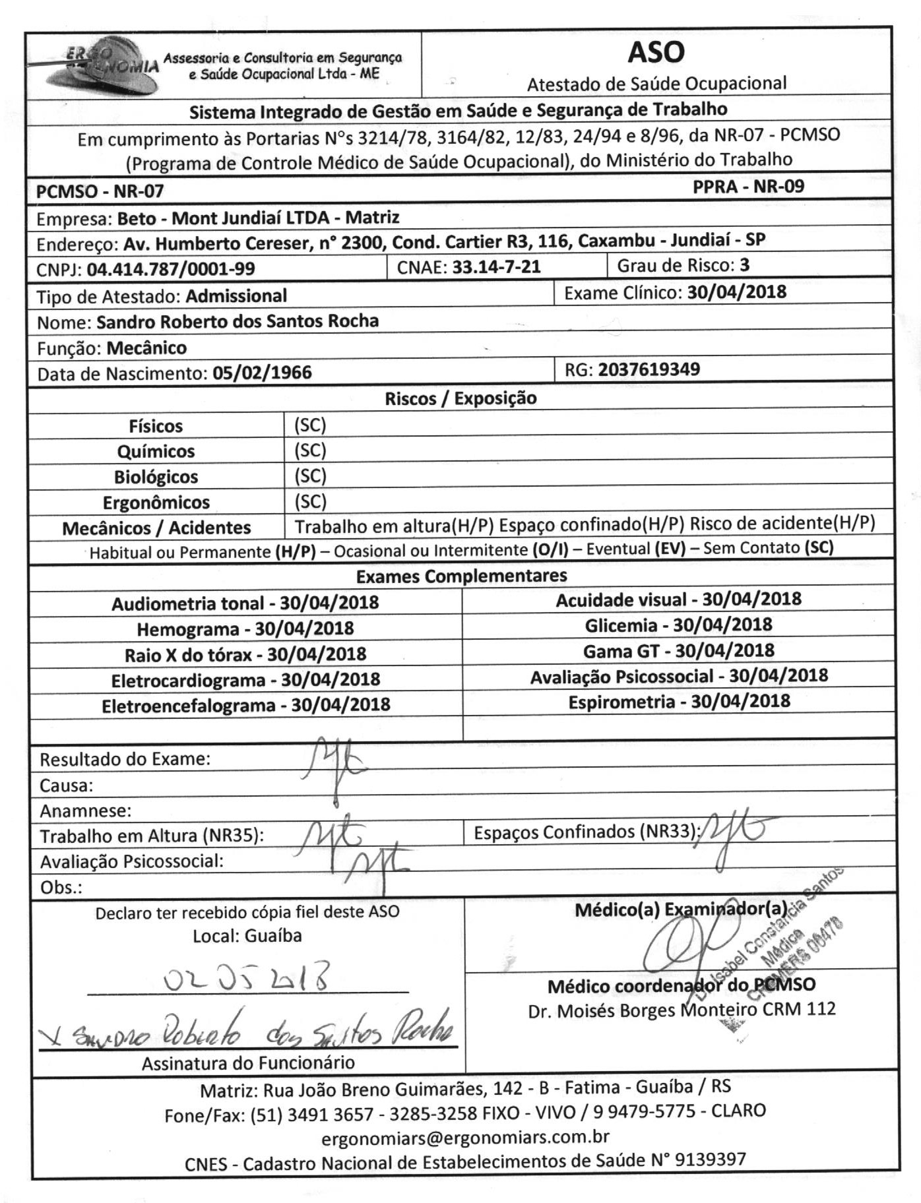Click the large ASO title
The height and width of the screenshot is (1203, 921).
pyautogui.click(x=656, y=52)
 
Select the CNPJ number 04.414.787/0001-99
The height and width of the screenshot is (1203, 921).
pyautogui.click(x=171, y=268)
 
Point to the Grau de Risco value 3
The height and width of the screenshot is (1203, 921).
pyautogui.click(x=745, y=265)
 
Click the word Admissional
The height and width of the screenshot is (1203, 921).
pyautogui.click(x=236, y=295)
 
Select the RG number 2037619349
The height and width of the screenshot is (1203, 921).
pyautogui.click(x=649, y=369)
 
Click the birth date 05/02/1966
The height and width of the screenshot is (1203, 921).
pyautogui.click(x=262, y=373)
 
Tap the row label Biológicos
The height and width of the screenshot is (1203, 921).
pyautogui.click(x=156, y=476)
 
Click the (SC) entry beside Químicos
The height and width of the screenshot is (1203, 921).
pyautogui.click(x=310, y=450)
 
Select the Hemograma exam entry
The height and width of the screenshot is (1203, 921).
pyautogui.click(x=245, y=629)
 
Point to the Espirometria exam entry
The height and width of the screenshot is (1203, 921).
pyautogui.click(x=679, y=701)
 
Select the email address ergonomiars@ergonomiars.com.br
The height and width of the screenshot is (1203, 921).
pyautogui.click(x=465, y=1137)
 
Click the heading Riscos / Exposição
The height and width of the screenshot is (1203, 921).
pyautogui.click(x=460, y=398)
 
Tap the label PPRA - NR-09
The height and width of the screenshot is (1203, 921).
pyautogui.click(x=748, y=187)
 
